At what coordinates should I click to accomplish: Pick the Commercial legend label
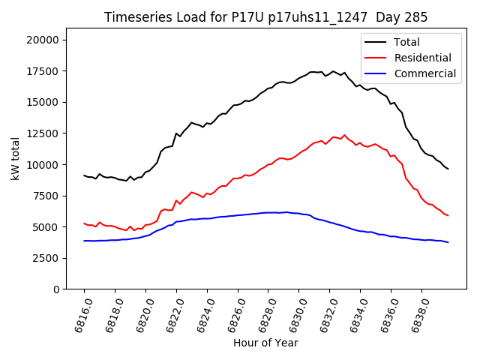pos(424,73)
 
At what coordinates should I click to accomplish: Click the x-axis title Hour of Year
pos(265,343)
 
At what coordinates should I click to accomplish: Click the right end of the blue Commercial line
pos(448,242)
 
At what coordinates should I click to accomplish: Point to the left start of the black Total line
pos(84,175)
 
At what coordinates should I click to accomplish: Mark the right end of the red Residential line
pos(448,216)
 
